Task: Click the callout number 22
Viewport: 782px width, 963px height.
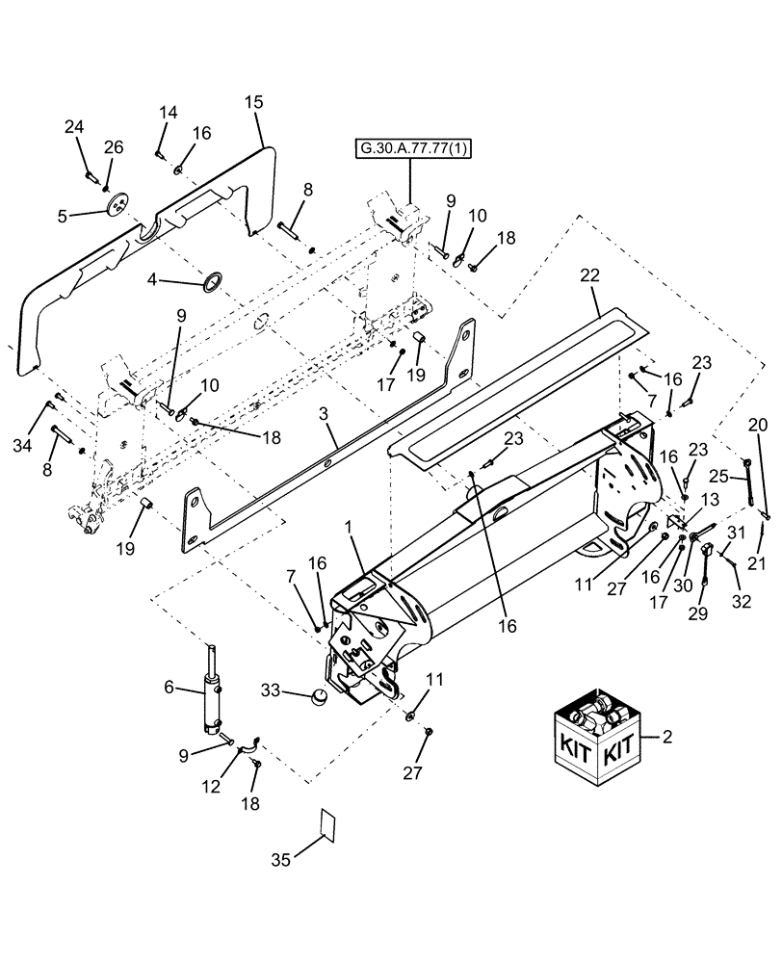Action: (x=589, y=276)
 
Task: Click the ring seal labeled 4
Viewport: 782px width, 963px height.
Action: (x=211, y=283)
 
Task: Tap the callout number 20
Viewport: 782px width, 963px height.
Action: (x=758, y=424)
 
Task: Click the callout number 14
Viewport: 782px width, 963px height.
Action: (x=169, y=113)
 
